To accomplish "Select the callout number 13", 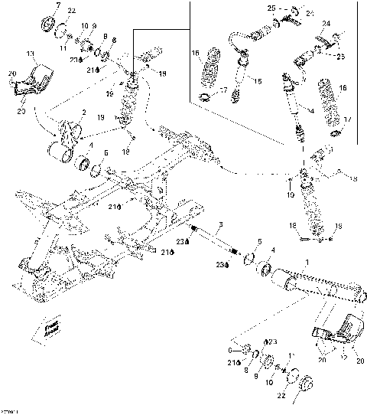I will pyautogui.click(x=31, y=54).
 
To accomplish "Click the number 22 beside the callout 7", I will pyautogui.click(x=72, y=10).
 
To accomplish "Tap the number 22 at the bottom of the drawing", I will pyautogui.click(x=280, y=396).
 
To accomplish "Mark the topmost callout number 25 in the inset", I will pyautogui.click(x=271, y=7).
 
